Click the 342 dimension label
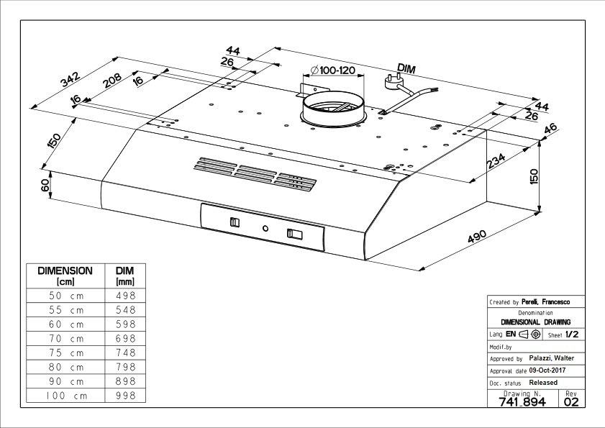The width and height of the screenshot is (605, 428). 70,81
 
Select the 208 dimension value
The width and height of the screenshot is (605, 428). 111,79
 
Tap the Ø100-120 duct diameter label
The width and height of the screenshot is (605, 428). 334,70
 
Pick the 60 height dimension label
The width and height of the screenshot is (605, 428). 45,185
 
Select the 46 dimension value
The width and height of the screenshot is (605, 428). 552,129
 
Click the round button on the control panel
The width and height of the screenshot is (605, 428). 265,228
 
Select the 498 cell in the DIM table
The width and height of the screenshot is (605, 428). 125,296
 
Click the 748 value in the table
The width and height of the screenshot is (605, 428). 125,352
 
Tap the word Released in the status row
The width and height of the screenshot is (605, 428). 543,383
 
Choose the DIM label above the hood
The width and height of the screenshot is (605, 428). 406,68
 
